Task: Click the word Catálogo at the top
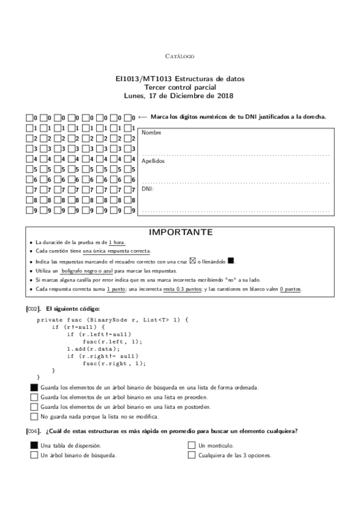pyautogui.click(x=180, y=56)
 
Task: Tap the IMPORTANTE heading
pyautogui.click(x=180, y=232)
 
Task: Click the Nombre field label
pyautogui.click(x=151, y=132)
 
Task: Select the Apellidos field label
pyautogui.click(x=153, y=161)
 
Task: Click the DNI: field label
pyautogui.click(x=148, y=189)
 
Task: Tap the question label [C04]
pyautogui.click(x=34, y=431)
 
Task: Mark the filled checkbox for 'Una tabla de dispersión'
pyautogui.click(x=34, y=446)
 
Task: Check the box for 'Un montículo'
pyautogui.click(x=192, y=446)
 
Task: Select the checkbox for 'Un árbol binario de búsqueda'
pyautogui.click(x=34, y=455)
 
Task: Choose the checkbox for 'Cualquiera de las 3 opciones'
pyautogui.click(x=192, y=455)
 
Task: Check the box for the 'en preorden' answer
pyautogui.click(x=34, y=397)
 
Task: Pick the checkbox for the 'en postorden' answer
pyautogui.click(x=34, y=407)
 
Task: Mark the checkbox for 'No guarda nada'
pyautogui.click(x=34, y=416)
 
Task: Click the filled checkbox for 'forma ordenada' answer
pyautogui.click(x=34, y=387)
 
